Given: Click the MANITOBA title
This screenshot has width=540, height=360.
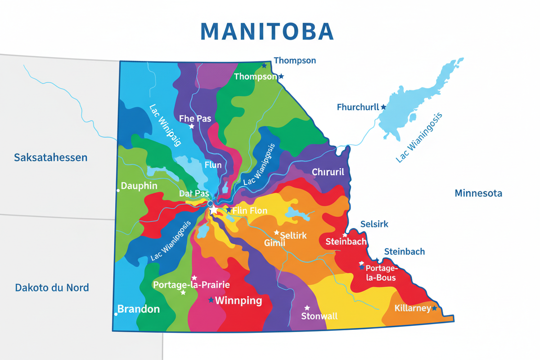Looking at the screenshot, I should pos(267,31).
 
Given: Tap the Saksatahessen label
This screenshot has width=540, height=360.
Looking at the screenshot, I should pos(50,157).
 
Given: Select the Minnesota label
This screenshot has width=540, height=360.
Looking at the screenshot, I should pos(478,193).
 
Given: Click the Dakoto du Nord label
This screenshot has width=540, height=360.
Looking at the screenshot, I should pos(52,288).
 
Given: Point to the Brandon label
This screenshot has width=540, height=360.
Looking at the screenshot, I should pos(139,309).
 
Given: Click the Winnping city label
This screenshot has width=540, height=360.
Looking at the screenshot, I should pos(238,301).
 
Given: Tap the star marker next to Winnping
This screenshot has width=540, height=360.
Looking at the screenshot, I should pos(211,300).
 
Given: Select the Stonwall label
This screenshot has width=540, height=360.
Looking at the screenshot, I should pos(319,316).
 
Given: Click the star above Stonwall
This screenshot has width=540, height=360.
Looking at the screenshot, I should pos(307,308).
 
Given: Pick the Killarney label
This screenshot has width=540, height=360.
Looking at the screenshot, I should pos(412,309).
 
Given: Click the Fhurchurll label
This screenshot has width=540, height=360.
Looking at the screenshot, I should pos(358,107).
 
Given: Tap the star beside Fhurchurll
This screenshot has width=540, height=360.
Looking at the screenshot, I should pos(383,107).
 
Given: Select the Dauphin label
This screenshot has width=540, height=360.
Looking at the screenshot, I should pos(139,186).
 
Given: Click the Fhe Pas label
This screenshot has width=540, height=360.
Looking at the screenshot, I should pos(195,118).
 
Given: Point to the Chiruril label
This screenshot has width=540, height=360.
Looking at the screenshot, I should pos(328,172).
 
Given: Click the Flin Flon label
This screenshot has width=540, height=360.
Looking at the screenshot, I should pos(250,211).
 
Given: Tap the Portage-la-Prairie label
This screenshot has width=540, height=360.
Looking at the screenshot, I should pos(191,285).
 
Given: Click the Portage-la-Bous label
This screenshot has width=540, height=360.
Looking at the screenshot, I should pos(381,272).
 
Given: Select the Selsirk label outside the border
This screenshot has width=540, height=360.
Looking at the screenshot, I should pos(374,224).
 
